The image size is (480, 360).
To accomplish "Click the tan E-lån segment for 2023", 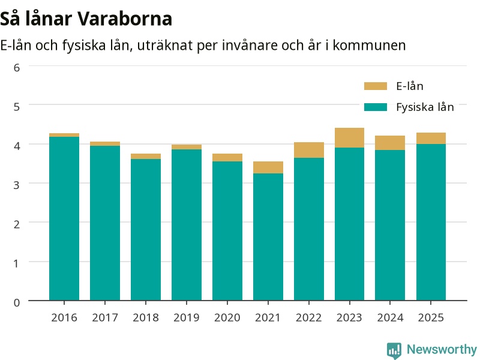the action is tap(349, 138).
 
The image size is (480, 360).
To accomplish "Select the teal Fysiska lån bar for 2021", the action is tap(268, 237).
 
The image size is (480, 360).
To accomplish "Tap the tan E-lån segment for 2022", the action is tap(309, 150).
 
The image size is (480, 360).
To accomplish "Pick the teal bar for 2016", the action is tap(64, 218).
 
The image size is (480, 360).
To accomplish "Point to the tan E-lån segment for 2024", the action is tap(390, 143).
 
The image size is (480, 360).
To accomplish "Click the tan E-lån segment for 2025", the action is tap(431, 139).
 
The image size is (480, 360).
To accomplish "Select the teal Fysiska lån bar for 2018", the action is tap(146, 230).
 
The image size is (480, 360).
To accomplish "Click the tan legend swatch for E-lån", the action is tap(376, 86).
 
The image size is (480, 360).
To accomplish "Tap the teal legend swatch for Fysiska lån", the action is tap(376, 107).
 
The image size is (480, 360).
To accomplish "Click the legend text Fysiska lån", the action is tap(425, 107).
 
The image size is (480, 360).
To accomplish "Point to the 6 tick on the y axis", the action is tap(17, 68).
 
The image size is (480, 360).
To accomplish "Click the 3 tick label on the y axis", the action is tap(17, 185).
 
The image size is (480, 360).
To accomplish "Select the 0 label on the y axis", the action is tap(17, 302).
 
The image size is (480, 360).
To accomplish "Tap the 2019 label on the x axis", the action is tap(187, 317).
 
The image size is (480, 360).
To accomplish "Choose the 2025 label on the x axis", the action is tap(431, 317).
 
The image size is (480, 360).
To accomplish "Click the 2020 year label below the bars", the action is tap(227, 317).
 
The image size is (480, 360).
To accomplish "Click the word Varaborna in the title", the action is tap(125, 19).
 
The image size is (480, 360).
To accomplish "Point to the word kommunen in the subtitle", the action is tap(369, 46).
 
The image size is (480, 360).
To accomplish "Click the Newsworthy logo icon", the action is tap(394, 350).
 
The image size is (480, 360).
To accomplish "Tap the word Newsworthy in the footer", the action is tap(442, 349).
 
